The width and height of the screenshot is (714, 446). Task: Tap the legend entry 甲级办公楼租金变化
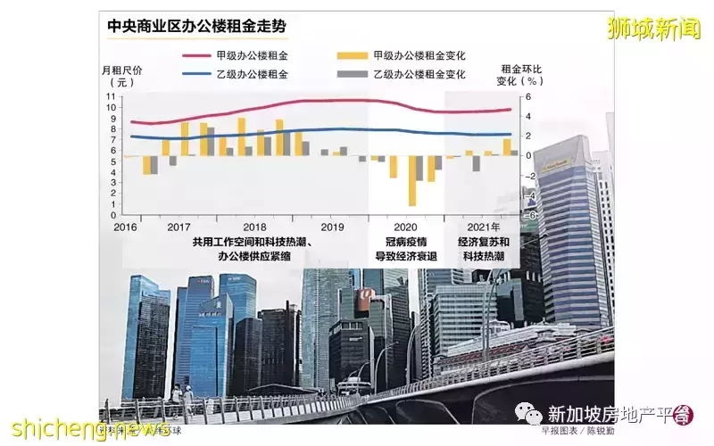pos(415,55)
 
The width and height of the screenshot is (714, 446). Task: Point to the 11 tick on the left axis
pos(112,96)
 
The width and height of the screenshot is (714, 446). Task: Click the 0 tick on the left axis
pos(112,215)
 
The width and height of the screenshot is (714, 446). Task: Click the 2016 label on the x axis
pos(124,227)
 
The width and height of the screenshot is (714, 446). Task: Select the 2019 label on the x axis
pos(332,227)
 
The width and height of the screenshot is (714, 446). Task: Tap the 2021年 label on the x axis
pos(484,227)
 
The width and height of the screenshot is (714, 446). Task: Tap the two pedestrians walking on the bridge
pos(183,395)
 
